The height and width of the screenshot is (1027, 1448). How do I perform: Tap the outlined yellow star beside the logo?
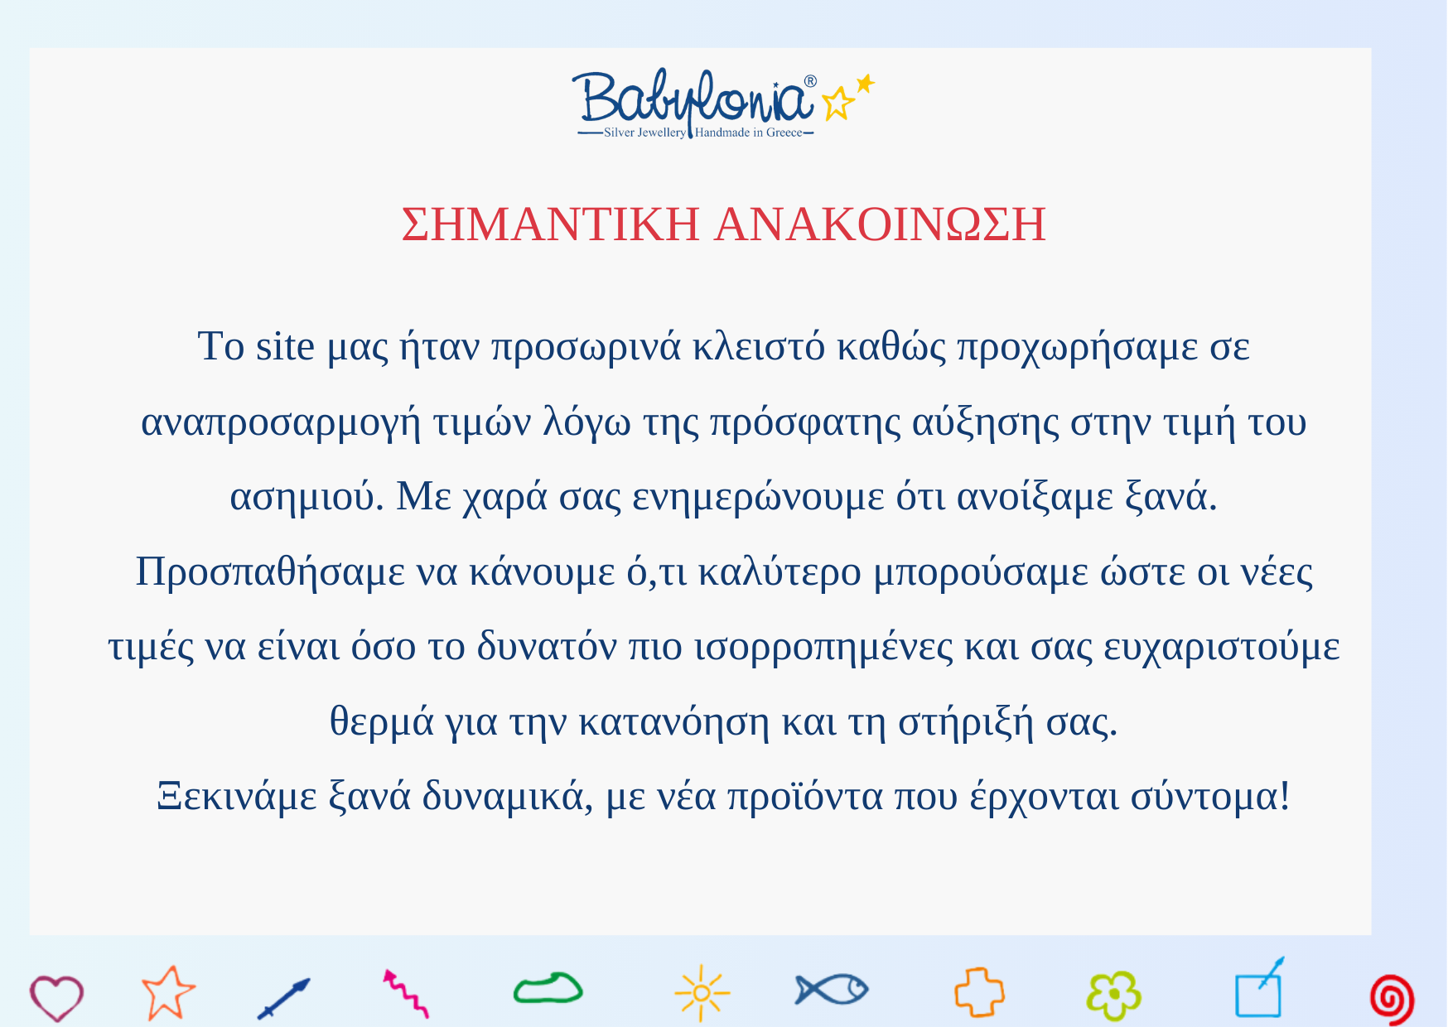click(x=837, y=104)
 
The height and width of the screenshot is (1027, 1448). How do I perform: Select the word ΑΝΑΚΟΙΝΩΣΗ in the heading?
click(x=881, y=224)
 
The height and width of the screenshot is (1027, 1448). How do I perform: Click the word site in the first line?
click(x=285, y=346)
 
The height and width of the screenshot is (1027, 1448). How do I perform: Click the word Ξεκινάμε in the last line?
click(x=237, y=797)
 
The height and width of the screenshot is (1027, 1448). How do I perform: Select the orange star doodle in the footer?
click(x=168, y=992)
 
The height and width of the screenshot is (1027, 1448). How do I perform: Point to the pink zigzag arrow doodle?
click(x=406, y=994)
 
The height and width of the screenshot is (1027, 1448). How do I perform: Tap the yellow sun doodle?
click(x=702, y=992)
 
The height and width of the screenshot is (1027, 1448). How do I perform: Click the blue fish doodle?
click(x=831, y=989)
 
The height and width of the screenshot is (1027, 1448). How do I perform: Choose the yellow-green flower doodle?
click(x=1114, y=995)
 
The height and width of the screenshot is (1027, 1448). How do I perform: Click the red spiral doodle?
click(x=1392, y=999)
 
